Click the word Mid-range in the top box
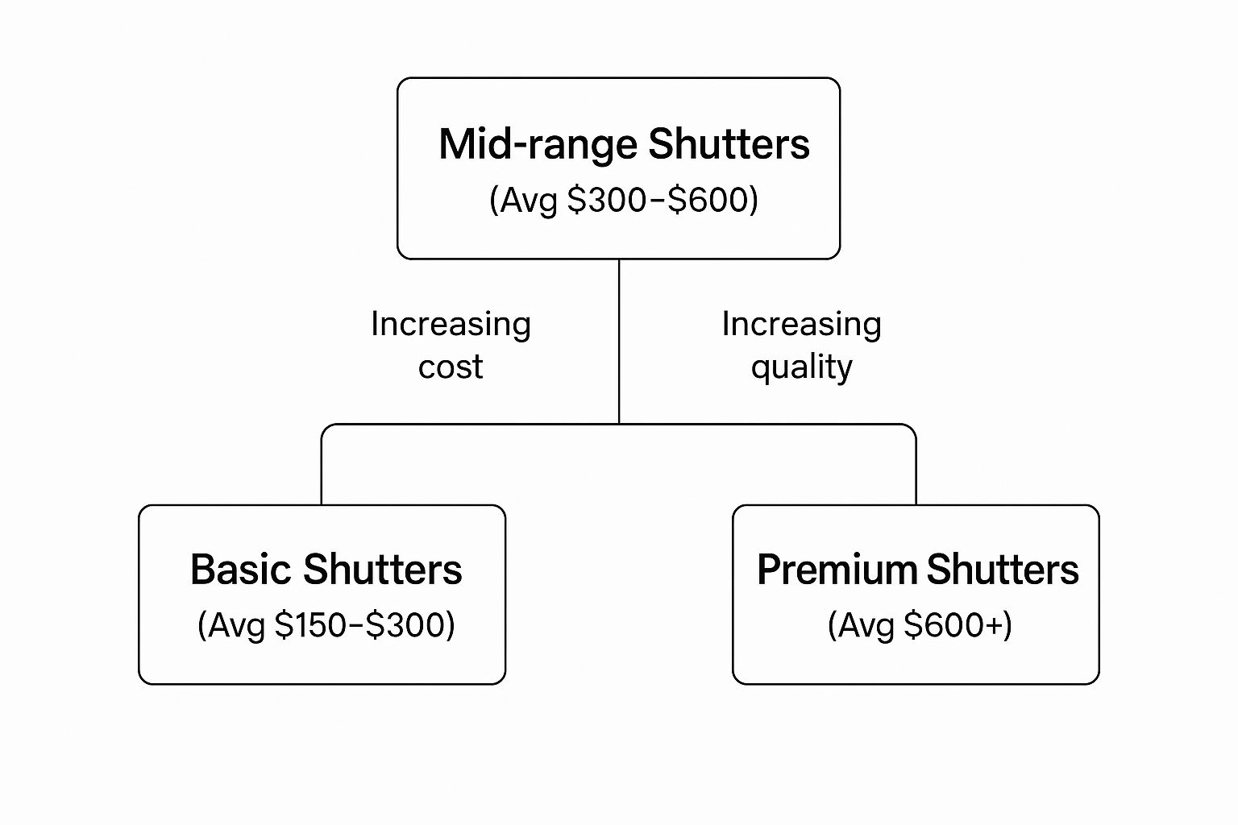(538, 145)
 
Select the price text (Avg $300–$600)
(624, 200)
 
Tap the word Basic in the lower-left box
(240, 570)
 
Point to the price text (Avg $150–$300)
(326, 625)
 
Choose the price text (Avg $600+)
(920, 625)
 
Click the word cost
(451, 367)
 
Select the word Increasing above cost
(451, 325)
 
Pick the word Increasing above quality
(801, 325)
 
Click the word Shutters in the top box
(729, 144)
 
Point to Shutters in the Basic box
(383, 570)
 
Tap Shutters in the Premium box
(1003, 570)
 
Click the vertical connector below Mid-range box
(619, 342)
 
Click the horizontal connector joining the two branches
(619, 425)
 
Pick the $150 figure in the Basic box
(310, 625)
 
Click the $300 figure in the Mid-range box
(607, 200)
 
